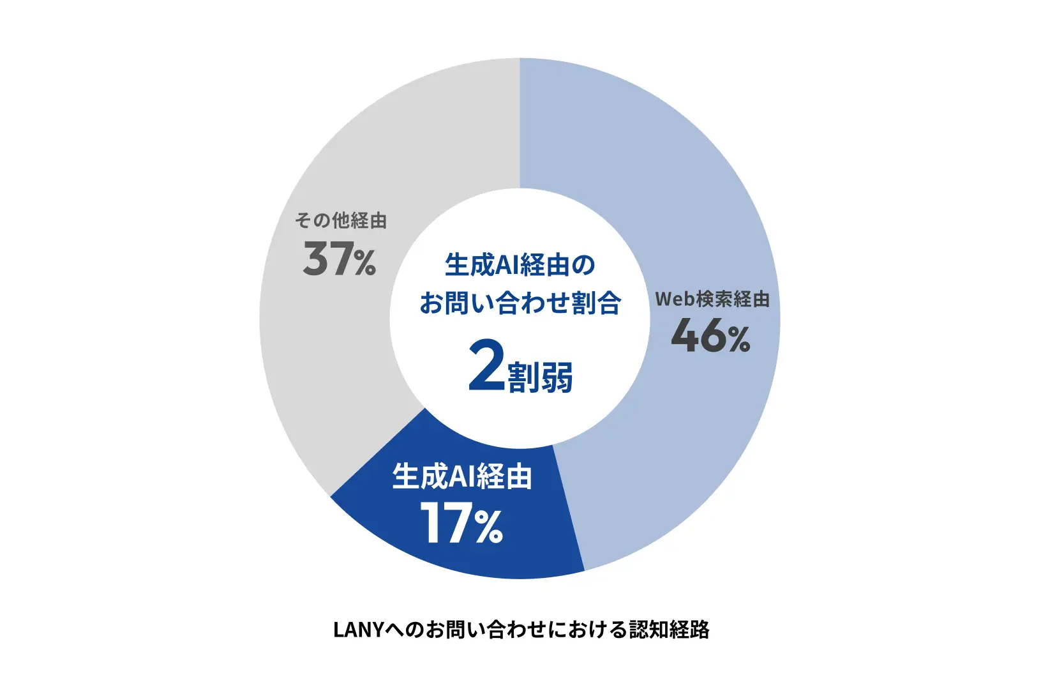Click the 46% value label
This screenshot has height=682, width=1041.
click(710, 337)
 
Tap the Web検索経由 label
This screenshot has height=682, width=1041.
click(712, 299)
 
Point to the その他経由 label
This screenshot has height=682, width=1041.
click(340, 221)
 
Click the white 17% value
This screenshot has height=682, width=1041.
click(461, 523)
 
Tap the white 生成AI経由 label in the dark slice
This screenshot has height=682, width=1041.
click(461, 476)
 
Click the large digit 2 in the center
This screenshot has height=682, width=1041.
click(486, 365)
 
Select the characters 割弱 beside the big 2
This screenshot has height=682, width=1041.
click(540, 377)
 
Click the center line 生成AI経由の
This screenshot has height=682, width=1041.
click(520, 265)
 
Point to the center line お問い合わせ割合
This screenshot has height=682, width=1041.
click(520, 303)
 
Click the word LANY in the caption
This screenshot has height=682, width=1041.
click(358, 630)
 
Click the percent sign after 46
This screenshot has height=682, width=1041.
click(739, 340)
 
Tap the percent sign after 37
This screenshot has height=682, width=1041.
click(365, 263)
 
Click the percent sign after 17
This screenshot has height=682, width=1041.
click(489, 527)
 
